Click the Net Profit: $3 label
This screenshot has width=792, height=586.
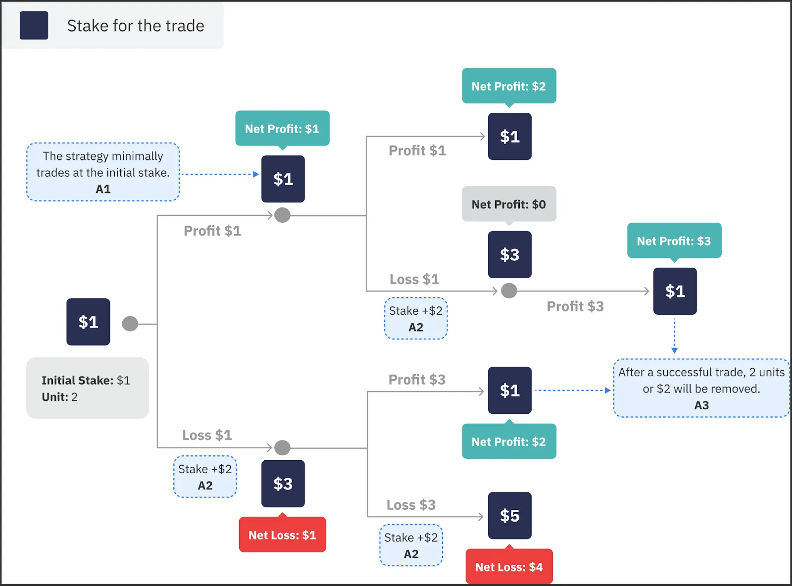click(x=674, y=241)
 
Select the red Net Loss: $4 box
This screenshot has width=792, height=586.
click(x=509, y=567)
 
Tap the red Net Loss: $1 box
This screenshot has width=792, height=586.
click(x=282, y=535)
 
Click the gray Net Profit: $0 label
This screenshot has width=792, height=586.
click(x=509, y=204)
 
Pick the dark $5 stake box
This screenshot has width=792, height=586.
click(x=509, y=516)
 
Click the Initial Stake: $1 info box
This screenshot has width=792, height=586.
click(x=87, y=388)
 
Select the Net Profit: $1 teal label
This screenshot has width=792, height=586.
click(x=282, y=129)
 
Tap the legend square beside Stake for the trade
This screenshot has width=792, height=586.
click(x=34, y=25)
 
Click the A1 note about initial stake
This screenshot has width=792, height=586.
click(x=103, y=172)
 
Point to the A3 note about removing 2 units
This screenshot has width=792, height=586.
click(x=701, y=389)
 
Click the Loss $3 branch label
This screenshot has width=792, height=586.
click(x=411, y=505)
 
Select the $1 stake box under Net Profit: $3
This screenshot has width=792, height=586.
click(x=675, y=292)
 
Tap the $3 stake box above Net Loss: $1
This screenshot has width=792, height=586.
click(x=283, y=484)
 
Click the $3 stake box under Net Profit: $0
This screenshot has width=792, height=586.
click(x=509, y=254)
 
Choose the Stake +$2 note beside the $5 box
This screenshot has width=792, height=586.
click(x=411, y=545)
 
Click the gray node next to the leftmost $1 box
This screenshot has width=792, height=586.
click(x=130, y=324)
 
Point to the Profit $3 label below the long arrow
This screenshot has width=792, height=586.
click(x=575, y=306)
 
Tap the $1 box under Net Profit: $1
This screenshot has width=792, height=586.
click(x=283, y=179)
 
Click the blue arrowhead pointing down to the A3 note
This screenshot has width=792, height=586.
click(x=674, y=350)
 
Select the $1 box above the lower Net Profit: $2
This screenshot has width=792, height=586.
click(x=509, y=391)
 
